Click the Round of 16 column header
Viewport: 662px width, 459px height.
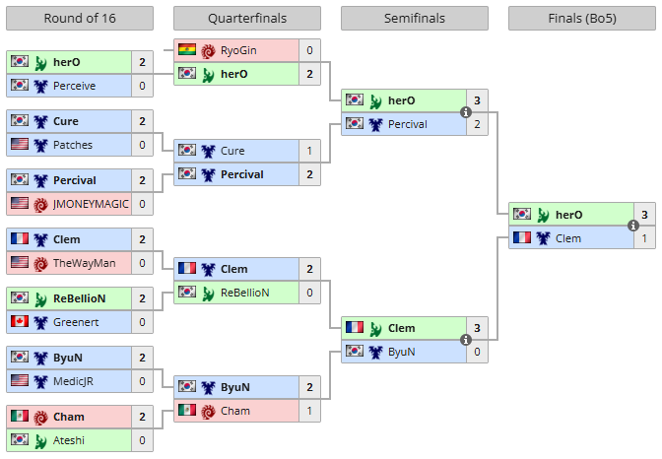tap(79, 19)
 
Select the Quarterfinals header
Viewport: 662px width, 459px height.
tap(246, 19)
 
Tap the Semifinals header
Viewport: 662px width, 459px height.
tap(415, 19)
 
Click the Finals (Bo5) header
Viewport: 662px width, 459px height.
tap(581, 19)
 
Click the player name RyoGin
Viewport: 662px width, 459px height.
tap(240, 50)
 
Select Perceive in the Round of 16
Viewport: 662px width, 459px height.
tap(75, 86)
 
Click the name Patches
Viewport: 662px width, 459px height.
tap(72, 145)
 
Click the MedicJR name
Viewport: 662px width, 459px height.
tap(76, 381)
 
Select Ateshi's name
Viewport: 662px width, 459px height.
tap(71, 440)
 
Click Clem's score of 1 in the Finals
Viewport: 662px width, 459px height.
tap(645, 238)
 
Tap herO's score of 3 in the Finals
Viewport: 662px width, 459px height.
tap(645, 215)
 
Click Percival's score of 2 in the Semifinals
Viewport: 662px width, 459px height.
tap(478, 124)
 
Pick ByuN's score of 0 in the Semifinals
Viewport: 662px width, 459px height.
tap(478, 351)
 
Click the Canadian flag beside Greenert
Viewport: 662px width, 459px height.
tap(20, 322)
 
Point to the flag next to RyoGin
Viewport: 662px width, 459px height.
tap(187, 50)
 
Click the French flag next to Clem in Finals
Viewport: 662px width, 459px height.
tap(522, 238)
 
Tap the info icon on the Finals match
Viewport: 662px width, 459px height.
tap(633, 226)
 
